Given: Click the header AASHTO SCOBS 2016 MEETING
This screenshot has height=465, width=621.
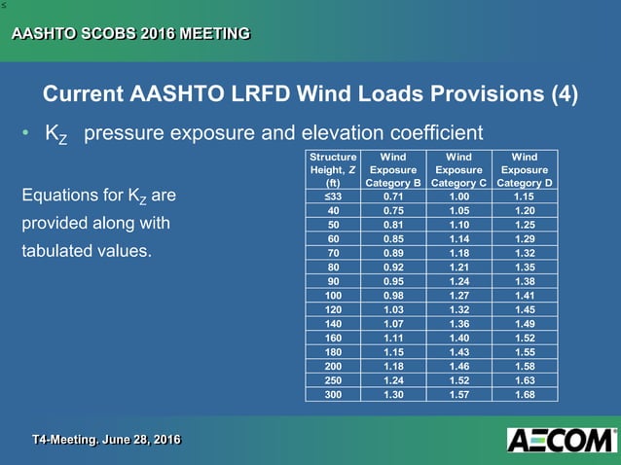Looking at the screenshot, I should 129,35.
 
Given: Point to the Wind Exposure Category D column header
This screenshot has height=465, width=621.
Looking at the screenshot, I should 524,168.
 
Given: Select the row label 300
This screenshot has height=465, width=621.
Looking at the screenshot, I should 333,396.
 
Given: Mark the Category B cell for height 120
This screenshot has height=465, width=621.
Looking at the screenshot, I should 392,310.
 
